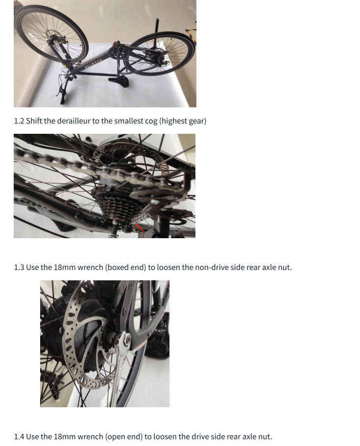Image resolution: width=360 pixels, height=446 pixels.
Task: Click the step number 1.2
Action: [19, 121]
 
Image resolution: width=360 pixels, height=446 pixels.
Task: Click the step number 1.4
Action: [19, 437]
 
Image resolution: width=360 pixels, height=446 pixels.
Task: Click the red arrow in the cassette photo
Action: [141, 228]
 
